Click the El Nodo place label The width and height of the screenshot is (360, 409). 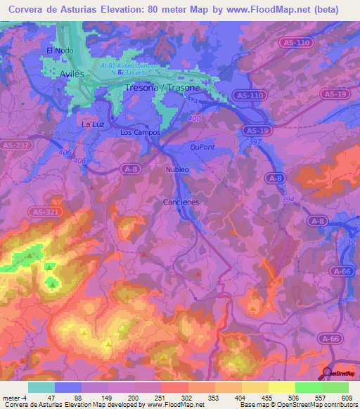[x=60, y=51]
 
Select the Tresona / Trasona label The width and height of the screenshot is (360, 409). [x=161, y=89]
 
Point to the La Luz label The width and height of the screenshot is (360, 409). [x=94, y=124]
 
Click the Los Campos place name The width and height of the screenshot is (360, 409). [x=141, y=132]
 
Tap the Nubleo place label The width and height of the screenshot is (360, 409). [x=178, y=170]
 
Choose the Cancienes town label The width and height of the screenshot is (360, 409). [x=181, y=202]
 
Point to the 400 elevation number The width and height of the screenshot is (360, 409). [x=194, y=118]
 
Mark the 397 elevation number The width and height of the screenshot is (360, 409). [x=255, y=142]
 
